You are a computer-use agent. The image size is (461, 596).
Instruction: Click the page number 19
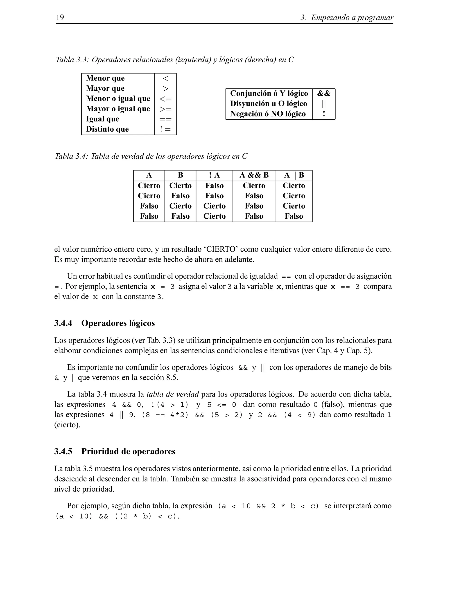point(60,18)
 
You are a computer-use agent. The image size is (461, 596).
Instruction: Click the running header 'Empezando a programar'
point(352,18)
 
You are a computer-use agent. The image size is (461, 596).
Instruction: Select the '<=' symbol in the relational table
point(165,99)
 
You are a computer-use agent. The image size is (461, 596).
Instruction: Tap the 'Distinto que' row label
point(107,129)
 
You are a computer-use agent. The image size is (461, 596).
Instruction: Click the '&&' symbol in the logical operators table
point(324,94)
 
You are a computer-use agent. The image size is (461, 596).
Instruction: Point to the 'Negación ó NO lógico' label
point(268,114)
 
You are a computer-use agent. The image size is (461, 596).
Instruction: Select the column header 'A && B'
point(254,175)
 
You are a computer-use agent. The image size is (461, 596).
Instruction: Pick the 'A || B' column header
point(294,175)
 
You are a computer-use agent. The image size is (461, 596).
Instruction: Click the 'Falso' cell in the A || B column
point(294,216)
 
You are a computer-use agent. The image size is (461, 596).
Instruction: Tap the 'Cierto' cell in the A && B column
point(254,186)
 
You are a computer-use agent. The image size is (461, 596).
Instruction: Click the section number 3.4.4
point(63,323)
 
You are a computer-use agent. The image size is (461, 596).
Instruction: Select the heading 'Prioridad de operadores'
point(128,451)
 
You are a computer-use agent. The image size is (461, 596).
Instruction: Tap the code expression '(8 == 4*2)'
point(165,415)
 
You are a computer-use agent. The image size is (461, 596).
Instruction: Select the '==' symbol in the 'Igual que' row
point(165,119)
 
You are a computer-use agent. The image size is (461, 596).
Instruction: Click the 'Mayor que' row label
point(105,88)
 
